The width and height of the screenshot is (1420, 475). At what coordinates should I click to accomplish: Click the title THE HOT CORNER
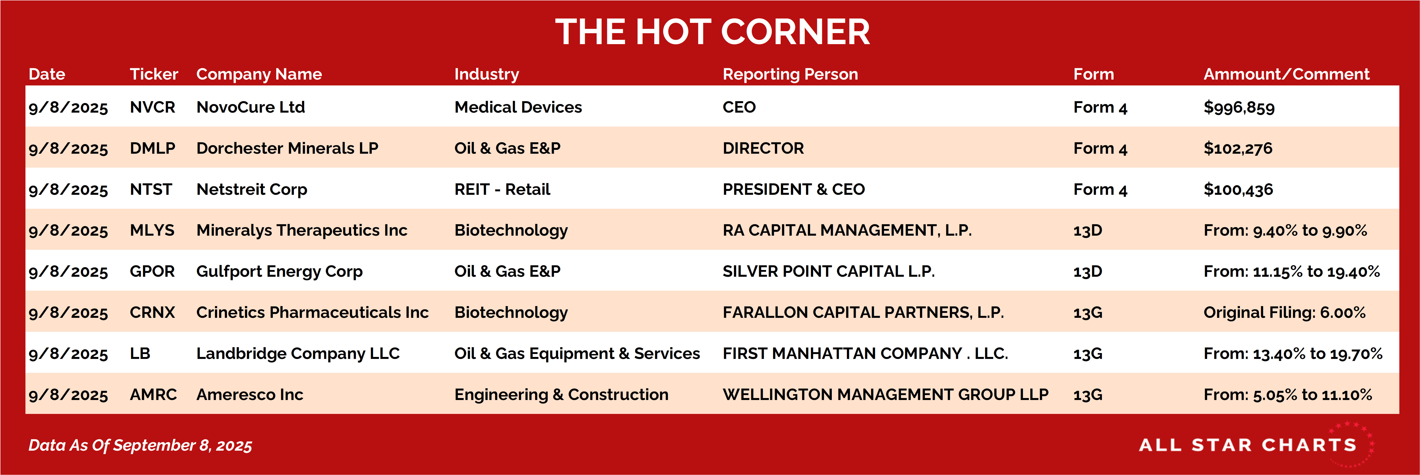pos(712,32)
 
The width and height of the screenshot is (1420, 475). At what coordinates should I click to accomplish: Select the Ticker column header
pos(154,74)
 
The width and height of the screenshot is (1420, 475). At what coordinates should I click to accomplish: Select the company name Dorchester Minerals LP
pos(287,148)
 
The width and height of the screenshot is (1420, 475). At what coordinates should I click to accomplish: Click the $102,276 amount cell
pos(1238,148)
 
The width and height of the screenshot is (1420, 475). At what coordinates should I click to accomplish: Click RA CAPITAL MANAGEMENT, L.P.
pos(847,230)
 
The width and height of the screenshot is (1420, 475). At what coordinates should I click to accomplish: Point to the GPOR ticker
pos(152,271)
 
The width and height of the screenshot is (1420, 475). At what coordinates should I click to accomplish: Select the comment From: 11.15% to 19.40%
pos(1292,271)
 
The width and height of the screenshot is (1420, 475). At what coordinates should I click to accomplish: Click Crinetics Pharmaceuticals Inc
pos(312,312)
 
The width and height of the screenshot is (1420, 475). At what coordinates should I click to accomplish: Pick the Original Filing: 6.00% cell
pos(1284,312)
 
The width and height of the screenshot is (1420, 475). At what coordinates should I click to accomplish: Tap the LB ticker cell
pos(140,353)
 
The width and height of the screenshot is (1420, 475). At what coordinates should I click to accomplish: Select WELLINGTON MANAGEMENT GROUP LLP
pos(885,395)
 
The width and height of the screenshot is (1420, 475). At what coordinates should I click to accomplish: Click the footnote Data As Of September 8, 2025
pos(140,445)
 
